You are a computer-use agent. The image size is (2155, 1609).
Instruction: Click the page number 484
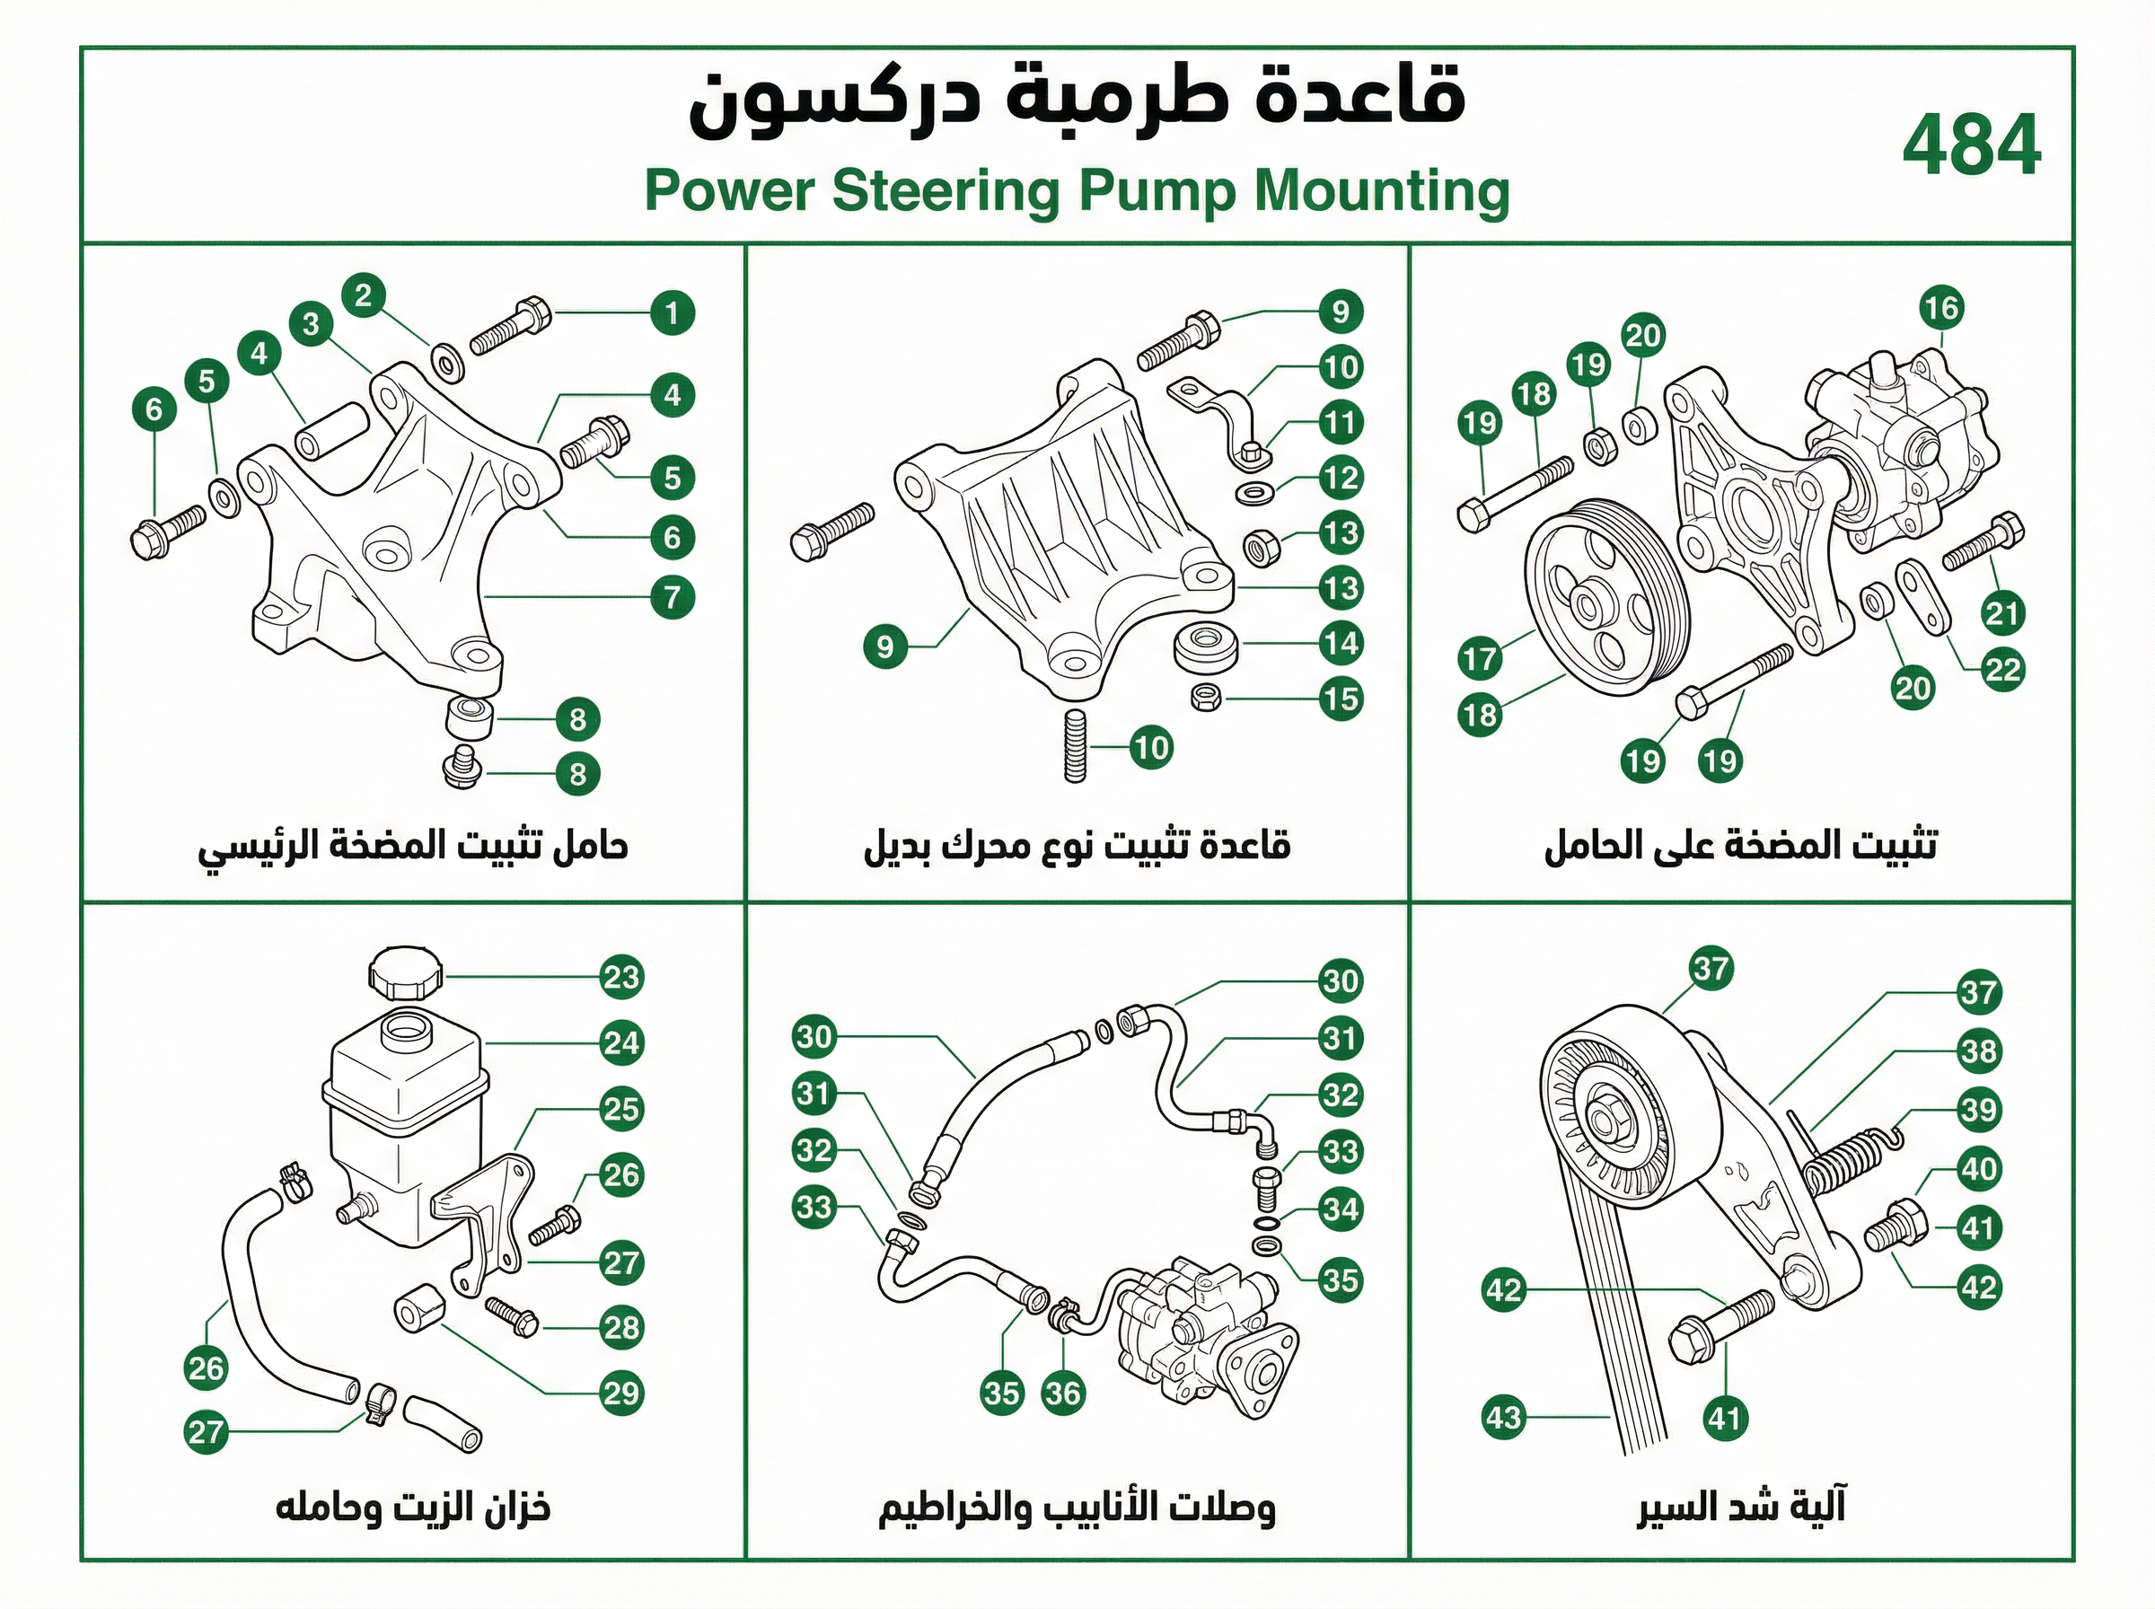pos(1971,145)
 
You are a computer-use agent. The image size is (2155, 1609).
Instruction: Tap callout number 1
pos(672,312)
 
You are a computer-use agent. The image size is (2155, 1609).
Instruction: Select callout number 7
pos(672,596)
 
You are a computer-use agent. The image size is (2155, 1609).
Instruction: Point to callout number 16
pos(1940,309)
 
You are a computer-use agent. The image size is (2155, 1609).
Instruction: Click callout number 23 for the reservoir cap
pos(621,977)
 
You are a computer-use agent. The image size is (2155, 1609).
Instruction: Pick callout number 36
pos(1062,1393)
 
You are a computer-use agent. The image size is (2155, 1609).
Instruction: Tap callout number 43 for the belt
pos(1502,1416)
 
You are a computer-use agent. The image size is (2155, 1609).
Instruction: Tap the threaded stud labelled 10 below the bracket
pos(1074,747)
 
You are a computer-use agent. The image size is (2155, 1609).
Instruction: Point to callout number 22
pos(2002,669)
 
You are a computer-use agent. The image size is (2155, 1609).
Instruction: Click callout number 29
pos(621,1393)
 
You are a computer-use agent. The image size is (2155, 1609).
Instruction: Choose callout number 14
pos(1340,643)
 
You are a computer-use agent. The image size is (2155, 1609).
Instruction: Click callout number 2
pos(365,295)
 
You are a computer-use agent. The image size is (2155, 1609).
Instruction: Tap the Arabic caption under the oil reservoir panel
pos(413,1508)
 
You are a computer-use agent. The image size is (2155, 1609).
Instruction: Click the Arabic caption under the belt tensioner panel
pos(1741,1506)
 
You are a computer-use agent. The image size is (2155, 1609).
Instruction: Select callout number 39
pos(1979,1110)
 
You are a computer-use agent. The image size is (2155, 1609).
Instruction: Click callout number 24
pos(621,1043)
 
